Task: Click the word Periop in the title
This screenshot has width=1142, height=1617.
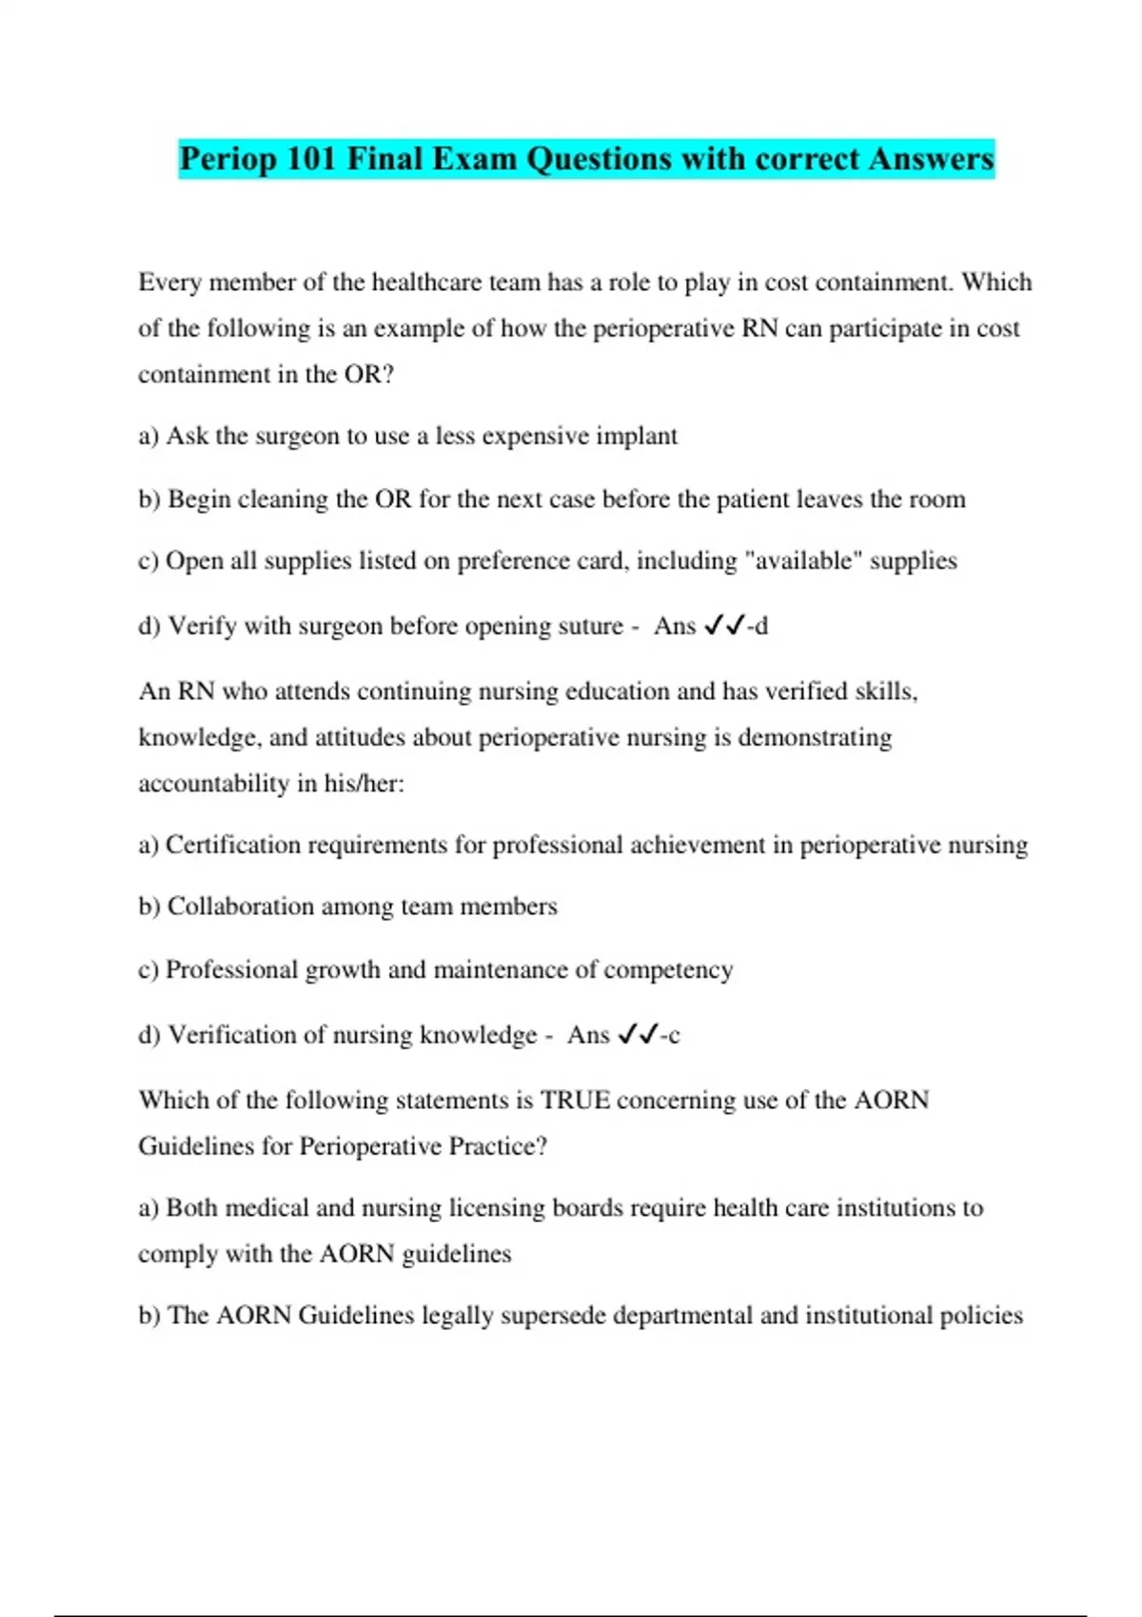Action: [x=227, y=158]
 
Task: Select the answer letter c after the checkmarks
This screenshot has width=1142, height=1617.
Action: [x=674, y=1035]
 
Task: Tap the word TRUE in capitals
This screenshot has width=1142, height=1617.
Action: [x=575, y=1101]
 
